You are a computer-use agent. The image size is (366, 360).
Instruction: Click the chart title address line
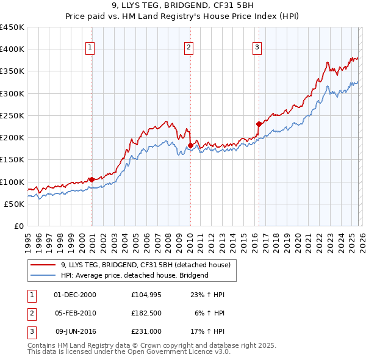point(183,7)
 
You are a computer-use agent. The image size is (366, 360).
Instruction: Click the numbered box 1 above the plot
point(90,47)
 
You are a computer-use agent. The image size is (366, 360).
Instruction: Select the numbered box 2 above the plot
point(188,47)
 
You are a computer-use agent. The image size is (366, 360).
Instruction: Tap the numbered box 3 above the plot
point(257,47)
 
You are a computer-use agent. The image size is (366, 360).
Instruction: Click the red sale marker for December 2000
point(91,179)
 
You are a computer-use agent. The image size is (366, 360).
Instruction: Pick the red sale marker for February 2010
point(190,145)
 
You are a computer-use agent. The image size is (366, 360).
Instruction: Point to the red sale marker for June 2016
point(259,124)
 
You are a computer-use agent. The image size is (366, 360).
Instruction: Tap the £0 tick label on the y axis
point(18,226)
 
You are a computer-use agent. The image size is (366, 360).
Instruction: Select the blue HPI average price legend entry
point(134,275)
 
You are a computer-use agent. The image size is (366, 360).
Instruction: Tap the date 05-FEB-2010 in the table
point(75,313)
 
